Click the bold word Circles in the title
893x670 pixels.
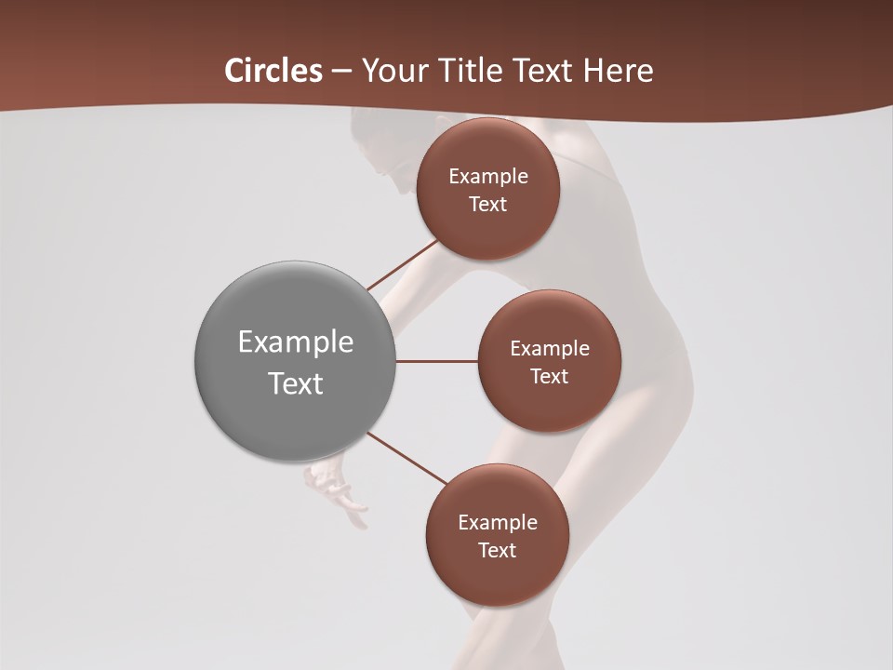273,71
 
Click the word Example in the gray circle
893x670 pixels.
296,342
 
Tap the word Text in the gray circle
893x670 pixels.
296,383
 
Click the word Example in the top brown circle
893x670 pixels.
488,177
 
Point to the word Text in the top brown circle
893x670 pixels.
488,205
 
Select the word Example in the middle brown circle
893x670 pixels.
550,349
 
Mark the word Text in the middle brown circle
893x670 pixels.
550,377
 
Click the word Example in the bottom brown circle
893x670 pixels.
498,523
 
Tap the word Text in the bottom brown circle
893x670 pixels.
498,551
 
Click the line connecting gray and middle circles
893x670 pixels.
437,361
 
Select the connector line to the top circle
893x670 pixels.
402,265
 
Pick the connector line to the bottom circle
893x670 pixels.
407,458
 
